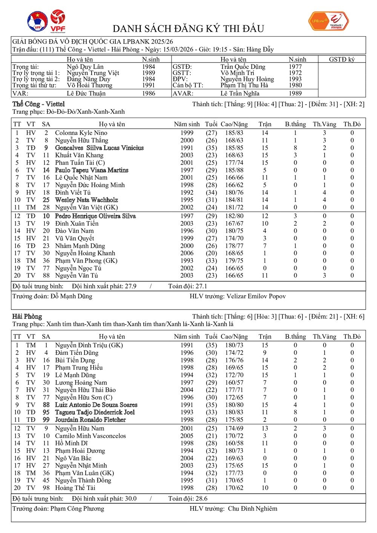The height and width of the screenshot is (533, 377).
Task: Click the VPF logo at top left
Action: (58, 21)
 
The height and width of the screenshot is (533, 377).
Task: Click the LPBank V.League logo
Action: (328, 21)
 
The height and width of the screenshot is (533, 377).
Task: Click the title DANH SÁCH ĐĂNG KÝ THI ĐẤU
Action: (188, 29)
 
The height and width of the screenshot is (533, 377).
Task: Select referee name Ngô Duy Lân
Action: (85, 67)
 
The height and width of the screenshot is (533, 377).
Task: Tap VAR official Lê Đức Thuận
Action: (86, 93)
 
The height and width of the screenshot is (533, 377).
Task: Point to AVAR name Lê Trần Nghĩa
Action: (240, 93)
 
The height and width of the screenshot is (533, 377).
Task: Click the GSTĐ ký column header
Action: (342, 60)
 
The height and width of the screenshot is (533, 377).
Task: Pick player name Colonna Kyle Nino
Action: (81, 133)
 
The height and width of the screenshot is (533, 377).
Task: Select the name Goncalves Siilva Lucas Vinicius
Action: (99, 148)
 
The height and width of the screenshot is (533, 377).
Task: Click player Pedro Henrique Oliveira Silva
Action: (95, 216)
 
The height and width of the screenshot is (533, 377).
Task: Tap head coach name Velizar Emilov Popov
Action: (256, 296)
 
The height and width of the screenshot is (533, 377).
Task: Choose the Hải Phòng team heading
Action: (27, 316)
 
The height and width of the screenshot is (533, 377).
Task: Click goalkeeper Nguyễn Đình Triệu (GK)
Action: (89, 345)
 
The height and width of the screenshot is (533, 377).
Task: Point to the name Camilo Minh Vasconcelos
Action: (90, 436)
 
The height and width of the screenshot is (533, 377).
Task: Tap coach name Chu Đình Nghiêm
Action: (252, 509)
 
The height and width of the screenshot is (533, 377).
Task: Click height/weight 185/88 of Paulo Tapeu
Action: (234, 170)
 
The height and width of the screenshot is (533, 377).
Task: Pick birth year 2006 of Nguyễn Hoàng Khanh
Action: (187, 253)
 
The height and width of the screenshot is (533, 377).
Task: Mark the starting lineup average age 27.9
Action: (130, 286)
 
